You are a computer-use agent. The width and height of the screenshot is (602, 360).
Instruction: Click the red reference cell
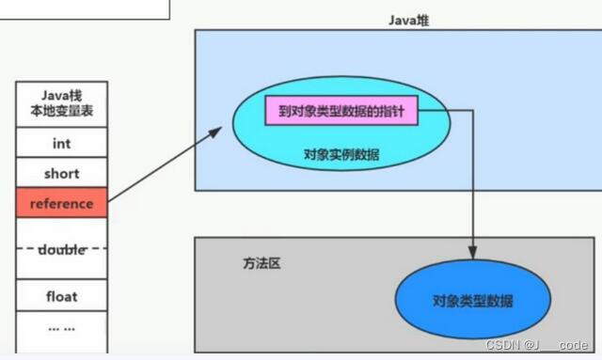pos(61,203)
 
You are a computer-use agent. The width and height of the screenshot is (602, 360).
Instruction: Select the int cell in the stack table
pos(61,144)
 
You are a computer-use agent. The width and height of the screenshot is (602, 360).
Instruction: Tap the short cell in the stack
pos(61,174)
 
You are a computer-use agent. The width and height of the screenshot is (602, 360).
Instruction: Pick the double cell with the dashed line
pos(61,249)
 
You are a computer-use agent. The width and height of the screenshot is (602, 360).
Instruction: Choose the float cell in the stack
pos(61,297)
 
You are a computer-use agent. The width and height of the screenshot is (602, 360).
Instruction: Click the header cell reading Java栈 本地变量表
pos(61,103)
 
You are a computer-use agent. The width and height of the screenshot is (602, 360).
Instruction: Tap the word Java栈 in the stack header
pos(61,95)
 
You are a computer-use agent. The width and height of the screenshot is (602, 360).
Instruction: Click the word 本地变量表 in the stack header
pos(61,112)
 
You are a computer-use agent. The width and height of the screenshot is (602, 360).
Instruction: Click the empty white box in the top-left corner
pos(85,8)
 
